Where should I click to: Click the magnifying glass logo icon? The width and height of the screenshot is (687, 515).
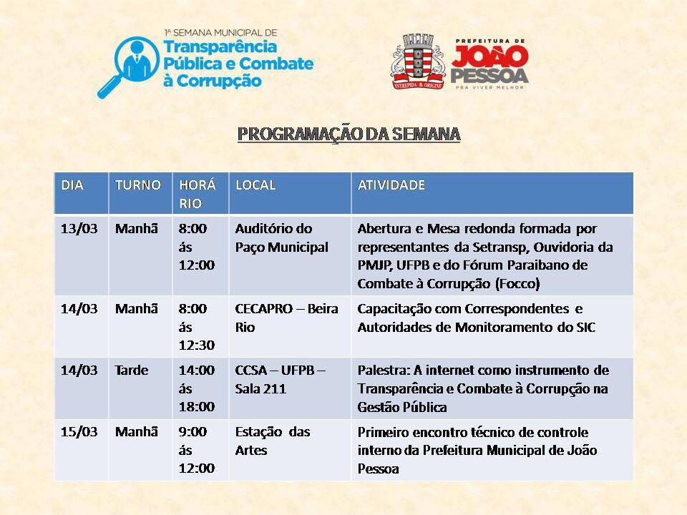coord(127,67)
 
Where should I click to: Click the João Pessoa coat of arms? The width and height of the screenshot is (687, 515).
coord(418,62)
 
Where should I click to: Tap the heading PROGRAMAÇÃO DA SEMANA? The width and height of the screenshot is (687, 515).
coord(349,134)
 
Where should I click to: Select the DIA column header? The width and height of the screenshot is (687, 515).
coord(72,185)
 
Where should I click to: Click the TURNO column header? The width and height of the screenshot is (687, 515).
coord(138,185)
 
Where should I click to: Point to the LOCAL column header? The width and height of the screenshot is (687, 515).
coord(255,185)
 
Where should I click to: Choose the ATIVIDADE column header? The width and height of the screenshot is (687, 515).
coord(391,185)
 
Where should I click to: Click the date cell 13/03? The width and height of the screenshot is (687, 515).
coord(79,229)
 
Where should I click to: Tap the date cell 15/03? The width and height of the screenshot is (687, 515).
coord(79,432)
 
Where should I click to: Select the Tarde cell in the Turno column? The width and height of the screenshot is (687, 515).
coord(132,371)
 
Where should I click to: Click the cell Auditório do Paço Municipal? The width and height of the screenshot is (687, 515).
coord(282,237)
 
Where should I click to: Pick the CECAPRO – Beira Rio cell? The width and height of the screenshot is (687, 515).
coord(286,318)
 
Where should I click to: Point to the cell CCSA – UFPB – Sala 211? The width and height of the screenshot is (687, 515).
coord(280,379)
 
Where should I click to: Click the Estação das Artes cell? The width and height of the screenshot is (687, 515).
coord(273,441)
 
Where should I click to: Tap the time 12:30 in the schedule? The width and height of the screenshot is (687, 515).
coord(197,345)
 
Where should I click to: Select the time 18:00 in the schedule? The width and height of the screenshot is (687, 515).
coord(197,407)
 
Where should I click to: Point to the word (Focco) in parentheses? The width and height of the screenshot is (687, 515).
coord(517,284)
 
